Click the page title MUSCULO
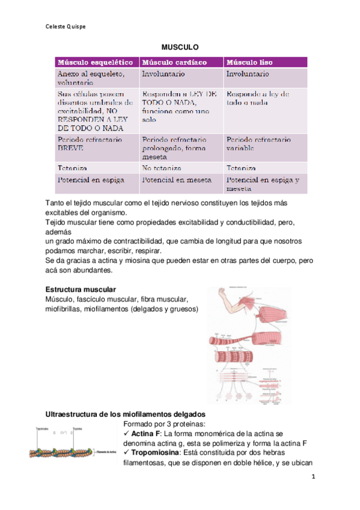(180, 46)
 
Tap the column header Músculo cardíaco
(174, 62)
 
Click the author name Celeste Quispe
(66, 26)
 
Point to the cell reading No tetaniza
(162, 168)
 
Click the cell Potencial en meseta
(174, 179)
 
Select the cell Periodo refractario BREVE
(90, 143)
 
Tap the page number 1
(313, 477)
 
